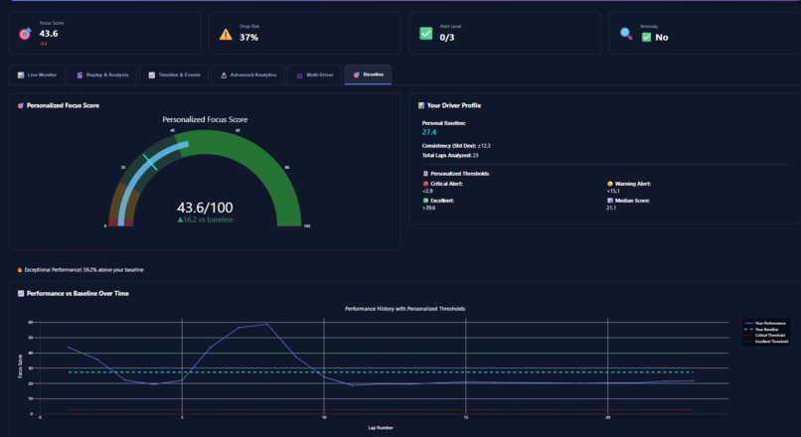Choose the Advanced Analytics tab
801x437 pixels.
click(247, 74)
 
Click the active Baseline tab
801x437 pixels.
click(368, 74)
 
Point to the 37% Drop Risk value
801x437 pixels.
click(248, 38)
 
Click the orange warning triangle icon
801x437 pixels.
click(226, 34)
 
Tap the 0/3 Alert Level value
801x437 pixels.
click(447, 38)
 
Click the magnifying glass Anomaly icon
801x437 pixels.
click(626, 34)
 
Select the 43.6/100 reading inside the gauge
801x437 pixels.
click(205, 208)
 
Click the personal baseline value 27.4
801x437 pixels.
click(429, 132)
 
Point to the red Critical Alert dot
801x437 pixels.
click(425, 184)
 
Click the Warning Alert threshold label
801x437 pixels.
click(631, 184)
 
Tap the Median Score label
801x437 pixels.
click(630, 200)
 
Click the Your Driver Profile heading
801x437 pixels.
click(454, 105)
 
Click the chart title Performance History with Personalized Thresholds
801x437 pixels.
click(404, 309)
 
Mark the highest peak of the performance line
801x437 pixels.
click(266, 324)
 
